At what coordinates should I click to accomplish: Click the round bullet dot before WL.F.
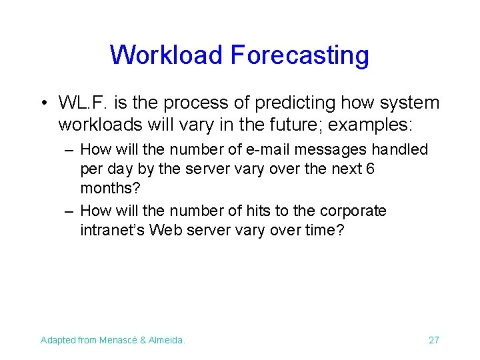(x=43, y=103)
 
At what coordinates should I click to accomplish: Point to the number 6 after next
(x=370, y=169)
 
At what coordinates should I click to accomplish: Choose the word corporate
(x=353, y=211)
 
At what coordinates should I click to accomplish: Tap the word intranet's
(x=112, y=231)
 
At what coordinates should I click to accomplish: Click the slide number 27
(x=433, y=340)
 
